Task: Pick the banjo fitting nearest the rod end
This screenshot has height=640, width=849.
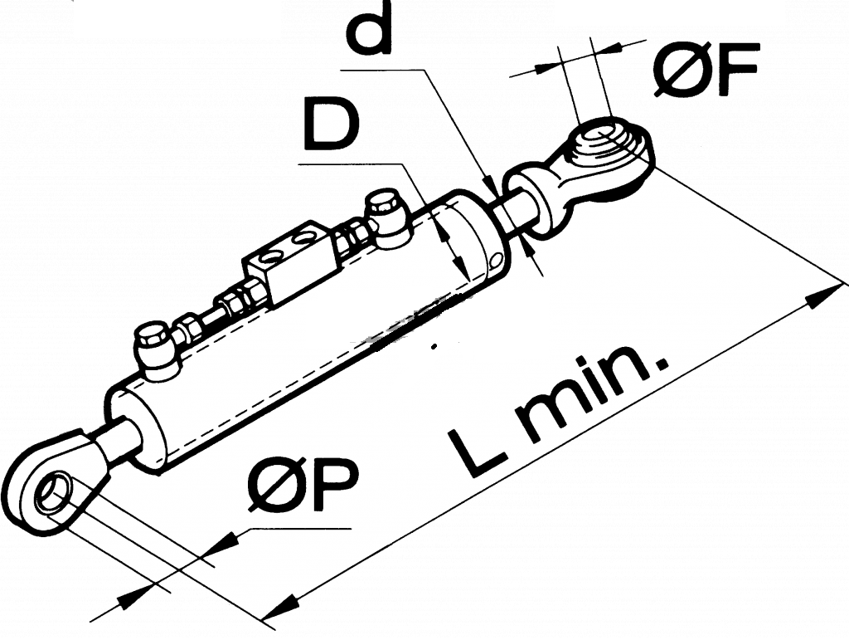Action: click(385, 218)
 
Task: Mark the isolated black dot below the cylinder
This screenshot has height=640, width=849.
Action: click(434, 346)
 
